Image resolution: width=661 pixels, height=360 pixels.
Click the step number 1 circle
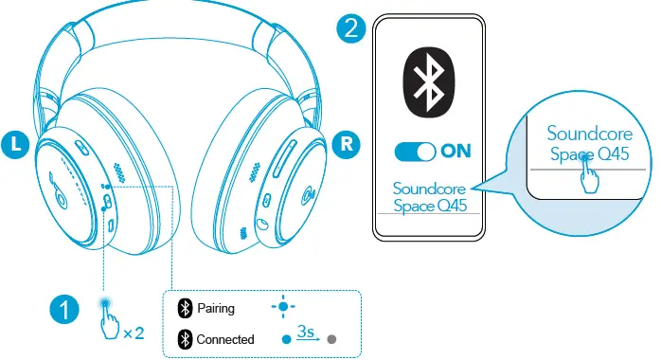click(63, 308)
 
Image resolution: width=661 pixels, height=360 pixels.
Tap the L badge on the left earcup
click(16, 144)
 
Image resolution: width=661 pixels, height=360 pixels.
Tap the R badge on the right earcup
click(347, 145)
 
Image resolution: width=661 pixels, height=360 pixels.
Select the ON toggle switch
click(415, 151)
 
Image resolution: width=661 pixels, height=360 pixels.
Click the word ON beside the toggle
click(455, 151)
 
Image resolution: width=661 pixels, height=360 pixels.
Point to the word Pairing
click(216, 308)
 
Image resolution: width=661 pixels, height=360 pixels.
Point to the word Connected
click(224, 338)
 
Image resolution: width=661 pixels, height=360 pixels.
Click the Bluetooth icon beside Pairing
click(185, 308)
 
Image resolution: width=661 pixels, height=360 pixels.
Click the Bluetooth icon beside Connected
click(185, 338)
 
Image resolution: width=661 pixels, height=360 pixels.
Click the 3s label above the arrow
click(306, 331)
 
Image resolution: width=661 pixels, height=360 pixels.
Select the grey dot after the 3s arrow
click(331, 338)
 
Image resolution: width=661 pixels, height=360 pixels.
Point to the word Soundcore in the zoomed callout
click(586, 134)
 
